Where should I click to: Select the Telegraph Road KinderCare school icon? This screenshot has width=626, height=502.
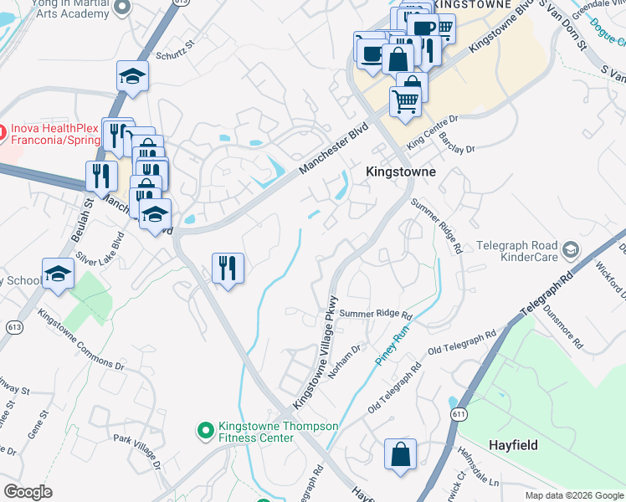(570, 249)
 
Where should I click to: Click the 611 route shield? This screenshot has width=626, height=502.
(457, 415)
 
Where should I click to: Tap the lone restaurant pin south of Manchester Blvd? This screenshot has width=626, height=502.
(228, 269)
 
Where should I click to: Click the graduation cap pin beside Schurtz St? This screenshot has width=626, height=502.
(131, 78)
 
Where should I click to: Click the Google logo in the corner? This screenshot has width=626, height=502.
(28, 491)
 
